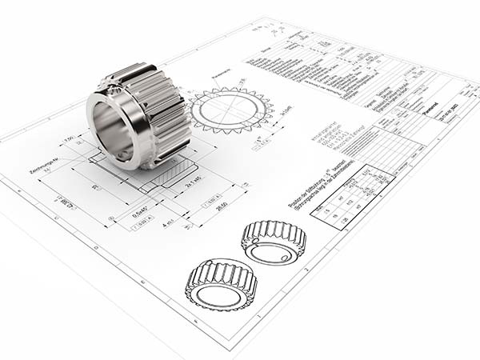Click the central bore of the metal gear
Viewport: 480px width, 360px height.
click(113, 129)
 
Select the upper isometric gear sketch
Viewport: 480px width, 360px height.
click(274, 241)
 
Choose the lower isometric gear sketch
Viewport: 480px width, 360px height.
click(221, 284)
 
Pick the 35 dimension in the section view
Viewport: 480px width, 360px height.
click(94, 189)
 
